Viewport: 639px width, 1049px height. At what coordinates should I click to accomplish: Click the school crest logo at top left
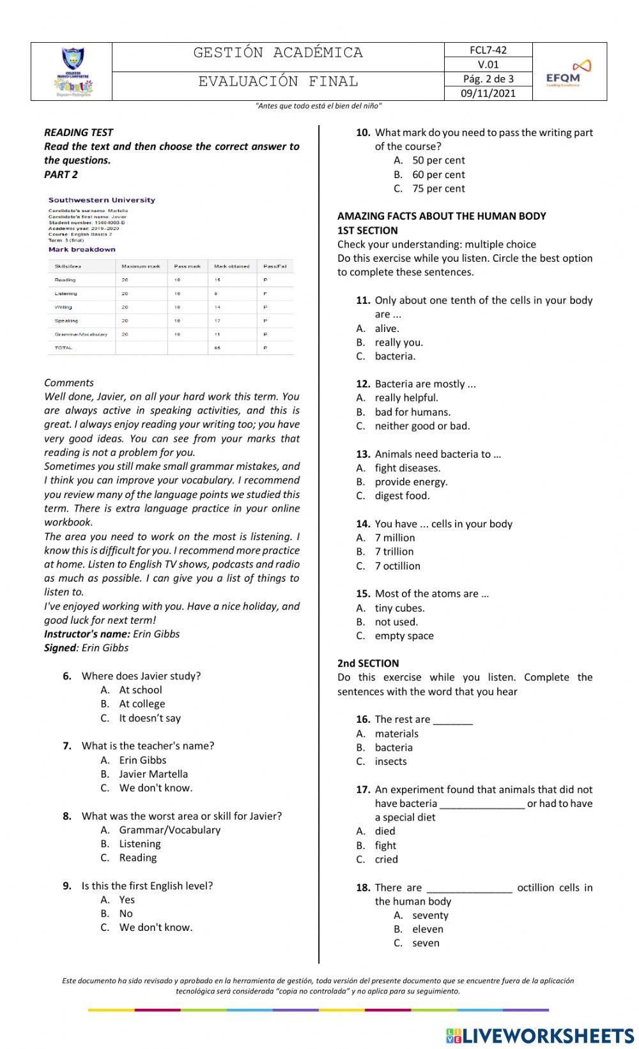(72, 72)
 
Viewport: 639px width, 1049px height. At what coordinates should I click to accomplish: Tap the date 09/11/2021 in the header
(488, 93)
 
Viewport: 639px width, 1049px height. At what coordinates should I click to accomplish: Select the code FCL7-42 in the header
(488, 50)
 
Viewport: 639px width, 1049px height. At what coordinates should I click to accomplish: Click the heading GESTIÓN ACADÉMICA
(278, 53)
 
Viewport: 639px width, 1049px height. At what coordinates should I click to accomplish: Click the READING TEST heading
(79, 132)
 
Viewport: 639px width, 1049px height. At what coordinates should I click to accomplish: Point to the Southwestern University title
(102, 200)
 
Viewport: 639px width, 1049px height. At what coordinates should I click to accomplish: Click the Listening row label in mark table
(66, 294)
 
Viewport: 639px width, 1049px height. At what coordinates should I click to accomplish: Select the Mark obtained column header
(231, 266)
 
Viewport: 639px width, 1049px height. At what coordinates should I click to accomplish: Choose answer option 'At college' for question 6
(142, 704)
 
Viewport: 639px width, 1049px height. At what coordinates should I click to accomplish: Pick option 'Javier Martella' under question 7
(153, 774)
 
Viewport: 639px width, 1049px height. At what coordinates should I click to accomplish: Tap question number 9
(67, 886)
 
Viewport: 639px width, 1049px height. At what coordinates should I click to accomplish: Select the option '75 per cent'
(438, 188)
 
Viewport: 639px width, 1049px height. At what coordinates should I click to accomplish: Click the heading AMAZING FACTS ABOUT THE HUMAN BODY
(442, 216)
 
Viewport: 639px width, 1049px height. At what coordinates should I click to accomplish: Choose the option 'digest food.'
(402, 495)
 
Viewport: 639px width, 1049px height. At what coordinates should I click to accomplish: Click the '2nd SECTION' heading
(368, 663)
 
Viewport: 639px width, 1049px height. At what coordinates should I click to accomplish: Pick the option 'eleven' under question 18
(427, 929)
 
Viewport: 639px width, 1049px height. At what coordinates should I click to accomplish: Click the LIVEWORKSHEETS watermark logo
(540, 1035)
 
